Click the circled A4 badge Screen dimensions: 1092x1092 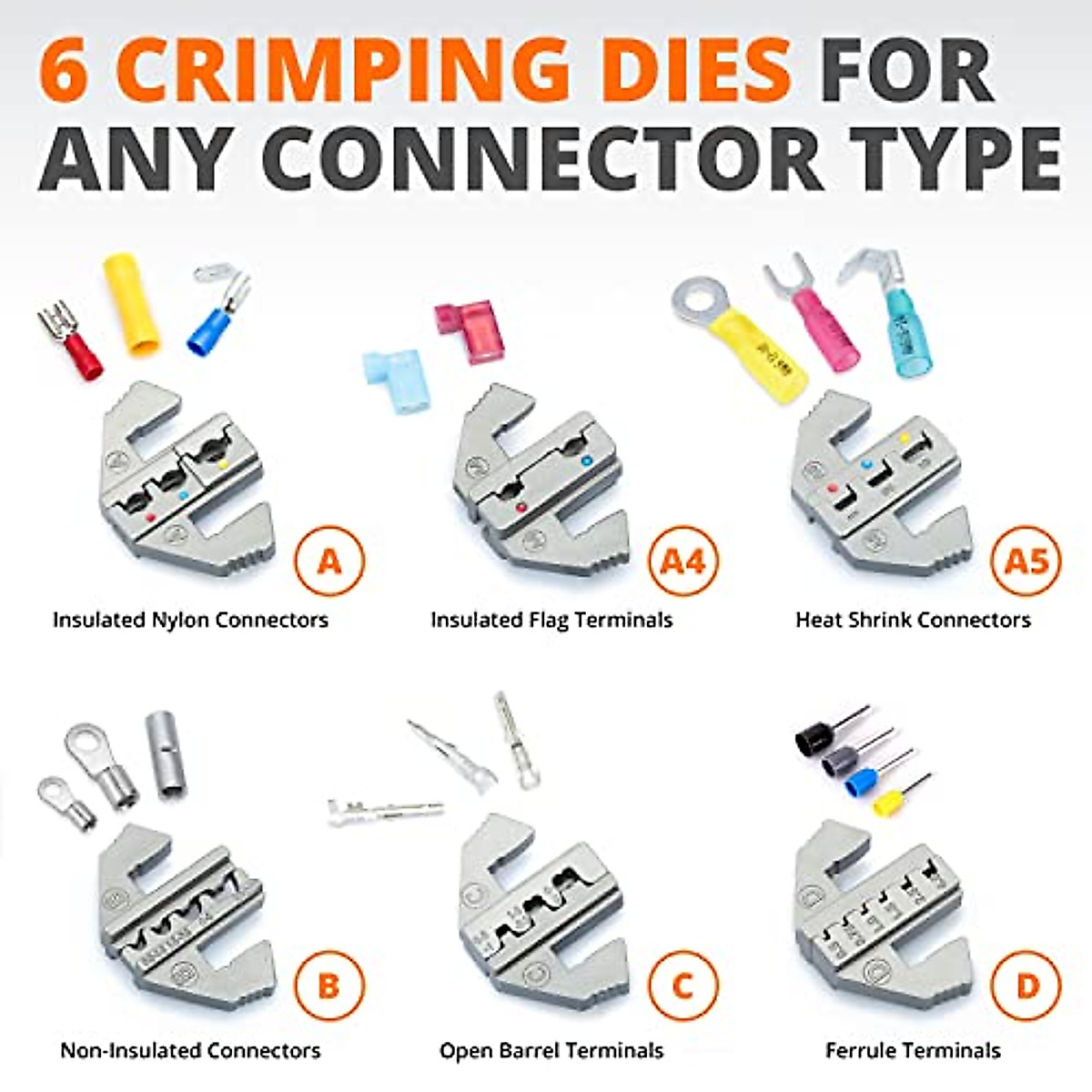682,561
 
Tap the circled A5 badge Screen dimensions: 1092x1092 1026,561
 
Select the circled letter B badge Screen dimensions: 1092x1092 329,986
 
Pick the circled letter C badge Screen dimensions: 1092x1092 682,986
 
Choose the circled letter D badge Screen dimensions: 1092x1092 1026,986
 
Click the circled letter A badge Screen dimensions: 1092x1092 329,561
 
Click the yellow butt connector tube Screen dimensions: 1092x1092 133,304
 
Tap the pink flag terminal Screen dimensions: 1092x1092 469,331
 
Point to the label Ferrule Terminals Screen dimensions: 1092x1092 913,1050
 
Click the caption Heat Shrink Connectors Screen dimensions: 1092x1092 913,620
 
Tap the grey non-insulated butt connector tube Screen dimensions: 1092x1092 166,755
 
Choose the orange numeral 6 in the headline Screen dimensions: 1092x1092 66,71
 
